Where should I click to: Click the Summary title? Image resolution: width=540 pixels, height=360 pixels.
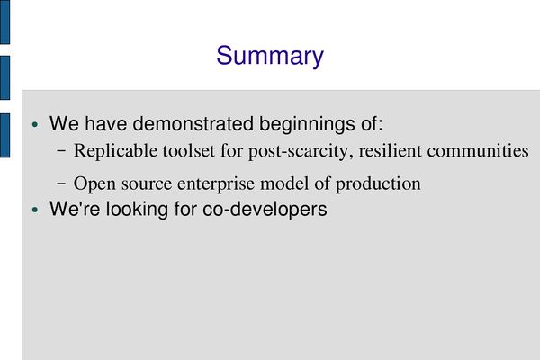(270, 57)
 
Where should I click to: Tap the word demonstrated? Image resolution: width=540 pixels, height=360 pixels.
(193, 123)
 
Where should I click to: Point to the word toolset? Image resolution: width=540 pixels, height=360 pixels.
(189, 151)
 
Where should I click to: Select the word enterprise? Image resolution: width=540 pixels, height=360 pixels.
(216, 184)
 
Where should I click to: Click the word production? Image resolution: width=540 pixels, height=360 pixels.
(378, 184)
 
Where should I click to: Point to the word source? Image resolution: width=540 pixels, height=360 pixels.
(147, 184)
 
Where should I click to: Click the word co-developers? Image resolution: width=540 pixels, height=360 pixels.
(265, 209)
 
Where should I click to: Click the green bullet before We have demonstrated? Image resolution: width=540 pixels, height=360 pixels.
(35, 124)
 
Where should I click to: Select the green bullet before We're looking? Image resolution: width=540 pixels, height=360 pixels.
(35, 210)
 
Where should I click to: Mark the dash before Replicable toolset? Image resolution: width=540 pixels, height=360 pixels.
(61, 151)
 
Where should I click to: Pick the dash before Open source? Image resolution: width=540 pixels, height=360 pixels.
(61, 184)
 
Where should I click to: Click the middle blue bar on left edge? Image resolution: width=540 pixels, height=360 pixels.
(4, 78)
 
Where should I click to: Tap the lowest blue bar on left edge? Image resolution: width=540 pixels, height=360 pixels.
(4, 135)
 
